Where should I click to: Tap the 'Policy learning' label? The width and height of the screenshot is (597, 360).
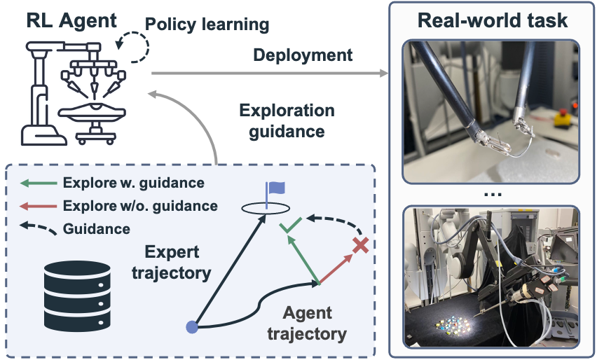click(x=207, y=25)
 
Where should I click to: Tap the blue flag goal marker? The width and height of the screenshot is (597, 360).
click(x=275, y=188)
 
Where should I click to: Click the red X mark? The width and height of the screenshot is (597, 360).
click(x=360, y=245)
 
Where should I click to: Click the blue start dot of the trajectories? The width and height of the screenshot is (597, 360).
click(x=191, y=327)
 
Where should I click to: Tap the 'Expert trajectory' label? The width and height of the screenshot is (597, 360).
click(x=173, y=263)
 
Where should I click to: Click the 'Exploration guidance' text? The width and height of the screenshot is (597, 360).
click(x=287, y=120)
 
